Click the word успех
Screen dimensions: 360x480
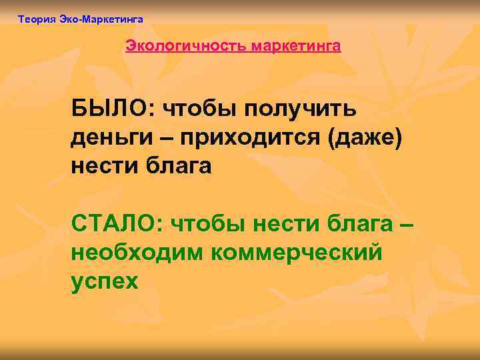point(105,281)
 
